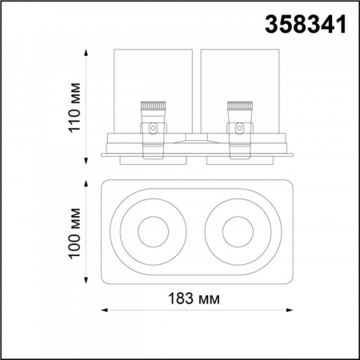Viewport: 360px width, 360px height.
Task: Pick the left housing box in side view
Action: [x=151, y=88]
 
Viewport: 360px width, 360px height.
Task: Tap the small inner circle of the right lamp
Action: [x=238, y=234]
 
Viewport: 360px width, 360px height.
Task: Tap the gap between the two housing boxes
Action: [x=195, y=88]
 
